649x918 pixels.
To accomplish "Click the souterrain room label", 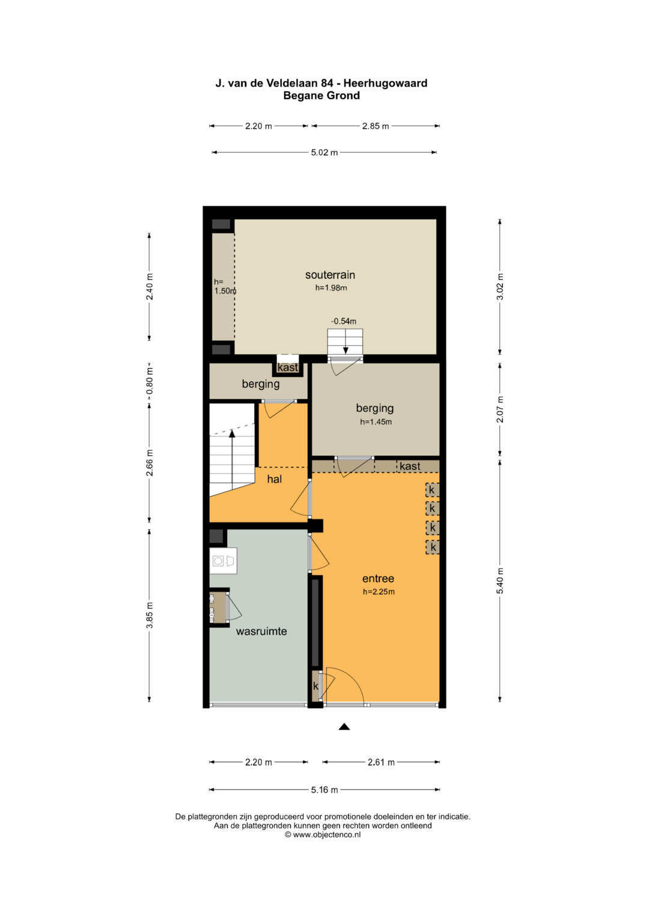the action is pos(330,275).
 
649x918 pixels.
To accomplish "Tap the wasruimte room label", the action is pos(261,631).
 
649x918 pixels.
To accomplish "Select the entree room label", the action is pos(378,578).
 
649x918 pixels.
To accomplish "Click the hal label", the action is pos(274,479).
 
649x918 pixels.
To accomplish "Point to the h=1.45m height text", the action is pos(376,421).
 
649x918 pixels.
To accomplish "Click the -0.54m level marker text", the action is pos(343,321).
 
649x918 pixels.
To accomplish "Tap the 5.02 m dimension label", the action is pos(324,153).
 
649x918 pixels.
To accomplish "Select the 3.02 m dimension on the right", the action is pos(500,287).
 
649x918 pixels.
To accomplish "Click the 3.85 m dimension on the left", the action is pos(150,615).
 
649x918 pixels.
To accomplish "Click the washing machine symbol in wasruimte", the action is pos(224,561).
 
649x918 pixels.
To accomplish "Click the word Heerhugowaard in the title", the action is pos(385,83).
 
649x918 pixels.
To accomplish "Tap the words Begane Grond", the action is pos(321,96).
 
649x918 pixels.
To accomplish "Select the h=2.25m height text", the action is pos(379,592).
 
